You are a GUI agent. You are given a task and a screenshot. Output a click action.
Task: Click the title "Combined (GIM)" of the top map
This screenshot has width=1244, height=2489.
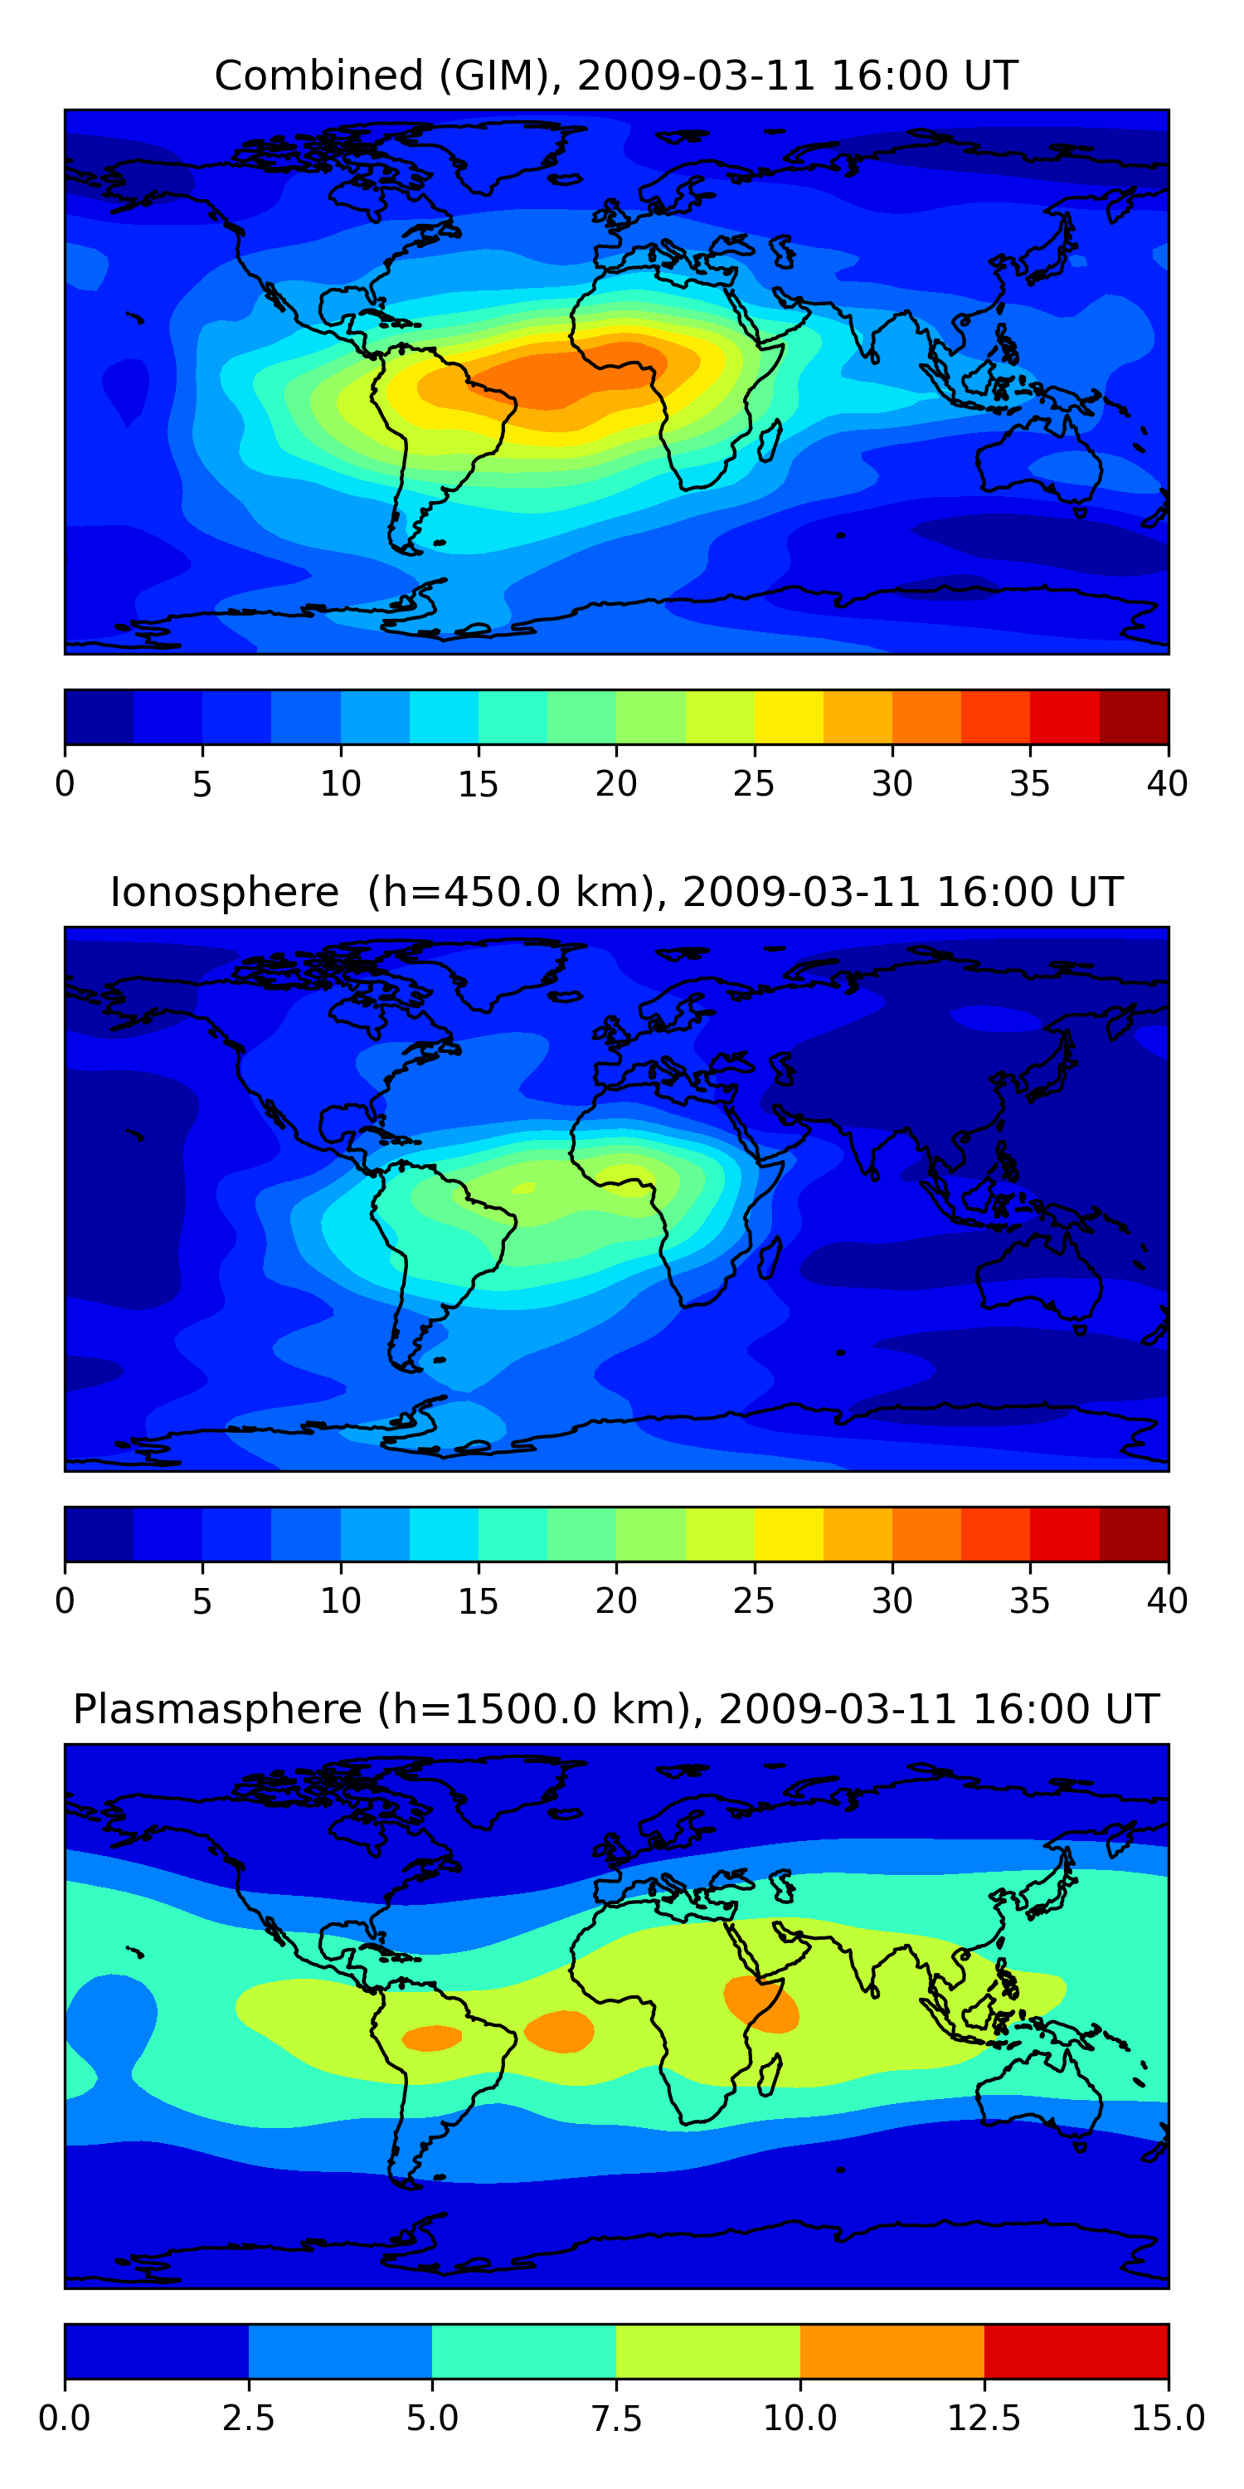coord(386,75)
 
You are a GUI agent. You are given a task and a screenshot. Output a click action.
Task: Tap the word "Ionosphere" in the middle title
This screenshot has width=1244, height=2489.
coord(225,892)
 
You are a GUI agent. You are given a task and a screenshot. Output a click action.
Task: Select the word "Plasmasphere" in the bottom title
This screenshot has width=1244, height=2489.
coord(217,1709)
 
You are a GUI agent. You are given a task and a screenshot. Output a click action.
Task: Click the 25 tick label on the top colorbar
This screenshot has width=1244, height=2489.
coord(753,783)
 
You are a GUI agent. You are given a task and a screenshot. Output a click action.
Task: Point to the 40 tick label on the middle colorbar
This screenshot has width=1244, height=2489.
coord(1167,1601)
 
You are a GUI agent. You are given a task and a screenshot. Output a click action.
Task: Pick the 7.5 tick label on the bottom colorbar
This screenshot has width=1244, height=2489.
coord(616,2418)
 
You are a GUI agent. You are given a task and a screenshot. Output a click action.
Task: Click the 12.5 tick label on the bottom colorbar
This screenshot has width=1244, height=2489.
coord(984,2418)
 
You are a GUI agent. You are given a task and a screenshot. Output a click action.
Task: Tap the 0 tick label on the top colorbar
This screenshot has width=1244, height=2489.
coord(65,783)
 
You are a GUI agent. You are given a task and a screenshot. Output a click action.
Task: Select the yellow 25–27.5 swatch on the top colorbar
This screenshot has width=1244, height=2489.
coord(788,717)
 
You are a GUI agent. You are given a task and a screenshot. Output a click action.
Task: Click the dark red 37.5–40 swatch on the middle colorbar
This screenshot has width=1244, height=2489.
coord(1134,1534)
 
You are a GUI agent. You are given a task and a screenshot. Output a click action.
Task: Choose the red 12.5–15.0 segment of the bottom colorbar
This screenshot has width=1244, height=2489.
coord(1076,2350)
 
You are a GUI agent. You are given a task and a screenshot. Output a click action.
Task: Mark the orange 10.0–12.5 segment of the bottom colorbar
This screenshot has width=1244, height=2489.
coord(892,2350)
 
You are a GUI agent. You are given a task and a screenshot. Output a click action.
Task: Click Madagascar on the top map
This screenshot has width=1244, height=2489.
coord(770,441)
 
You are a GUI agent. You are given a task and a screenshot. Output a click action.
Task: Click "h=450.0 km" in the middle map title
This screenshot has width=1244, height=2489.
coord(507,892)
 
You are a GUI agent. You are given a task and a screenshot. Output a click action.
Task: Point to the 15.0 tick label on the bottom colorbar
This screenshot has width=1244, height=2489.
coord(1168,2418)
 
